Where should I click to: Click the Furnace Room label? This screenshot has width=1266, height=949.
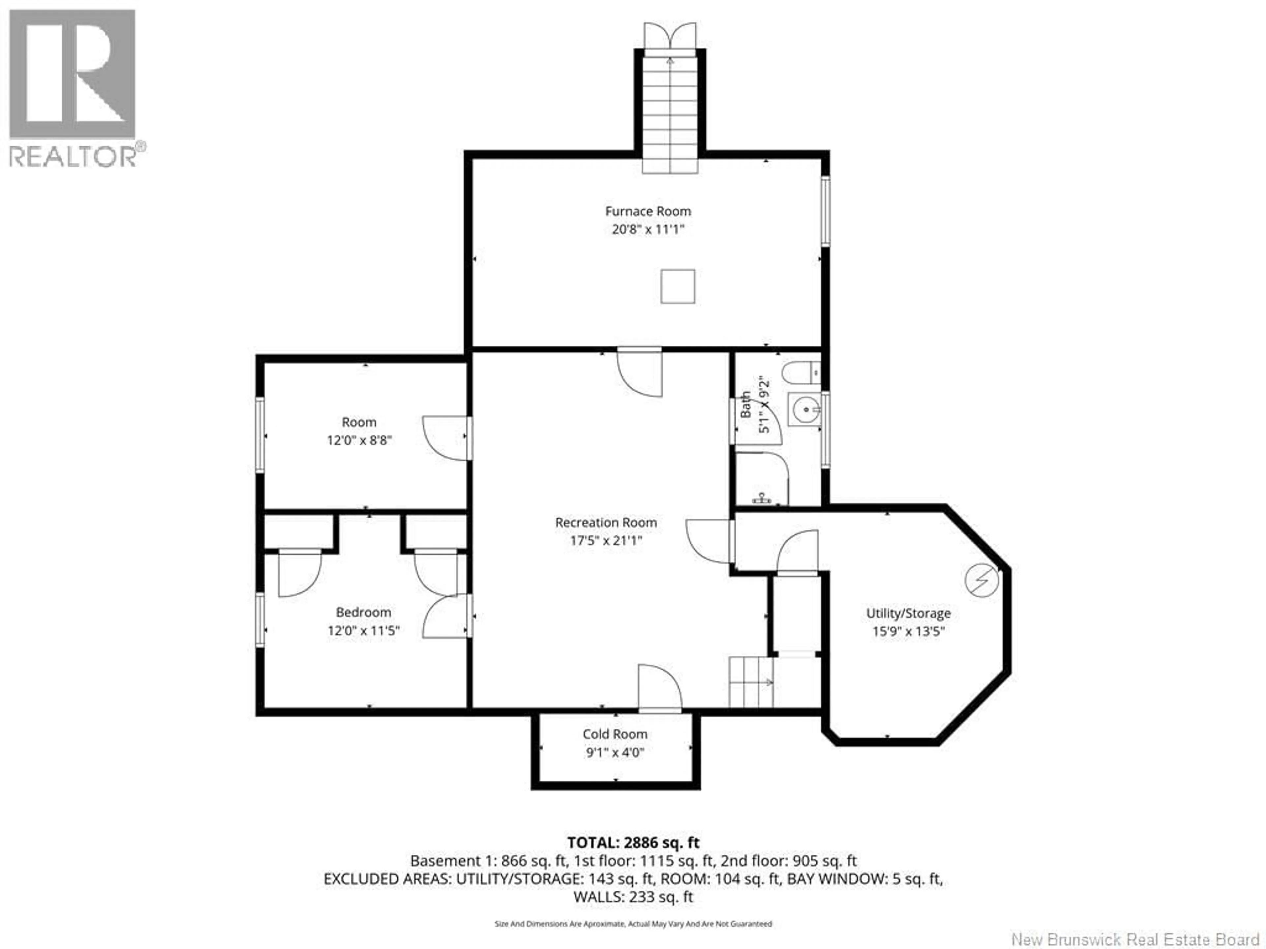[x=648, y=211]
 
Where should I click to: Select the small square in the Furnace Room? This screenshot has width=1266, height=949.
[x=678, y=287]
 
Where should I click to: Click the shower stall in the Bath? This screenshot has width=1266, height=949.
[x=761, y=479]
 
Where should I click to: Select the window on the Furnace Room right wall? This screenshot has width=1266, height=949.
[x=825, y=212]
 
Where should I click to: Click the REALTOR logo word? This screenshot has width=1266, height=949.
[x=73, y=156]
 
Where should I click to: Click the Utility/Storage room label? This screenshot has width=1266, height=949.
[x=908, y=613]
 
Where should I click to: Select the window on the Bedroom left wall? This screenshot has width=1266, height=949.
[x=260, y=620]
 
